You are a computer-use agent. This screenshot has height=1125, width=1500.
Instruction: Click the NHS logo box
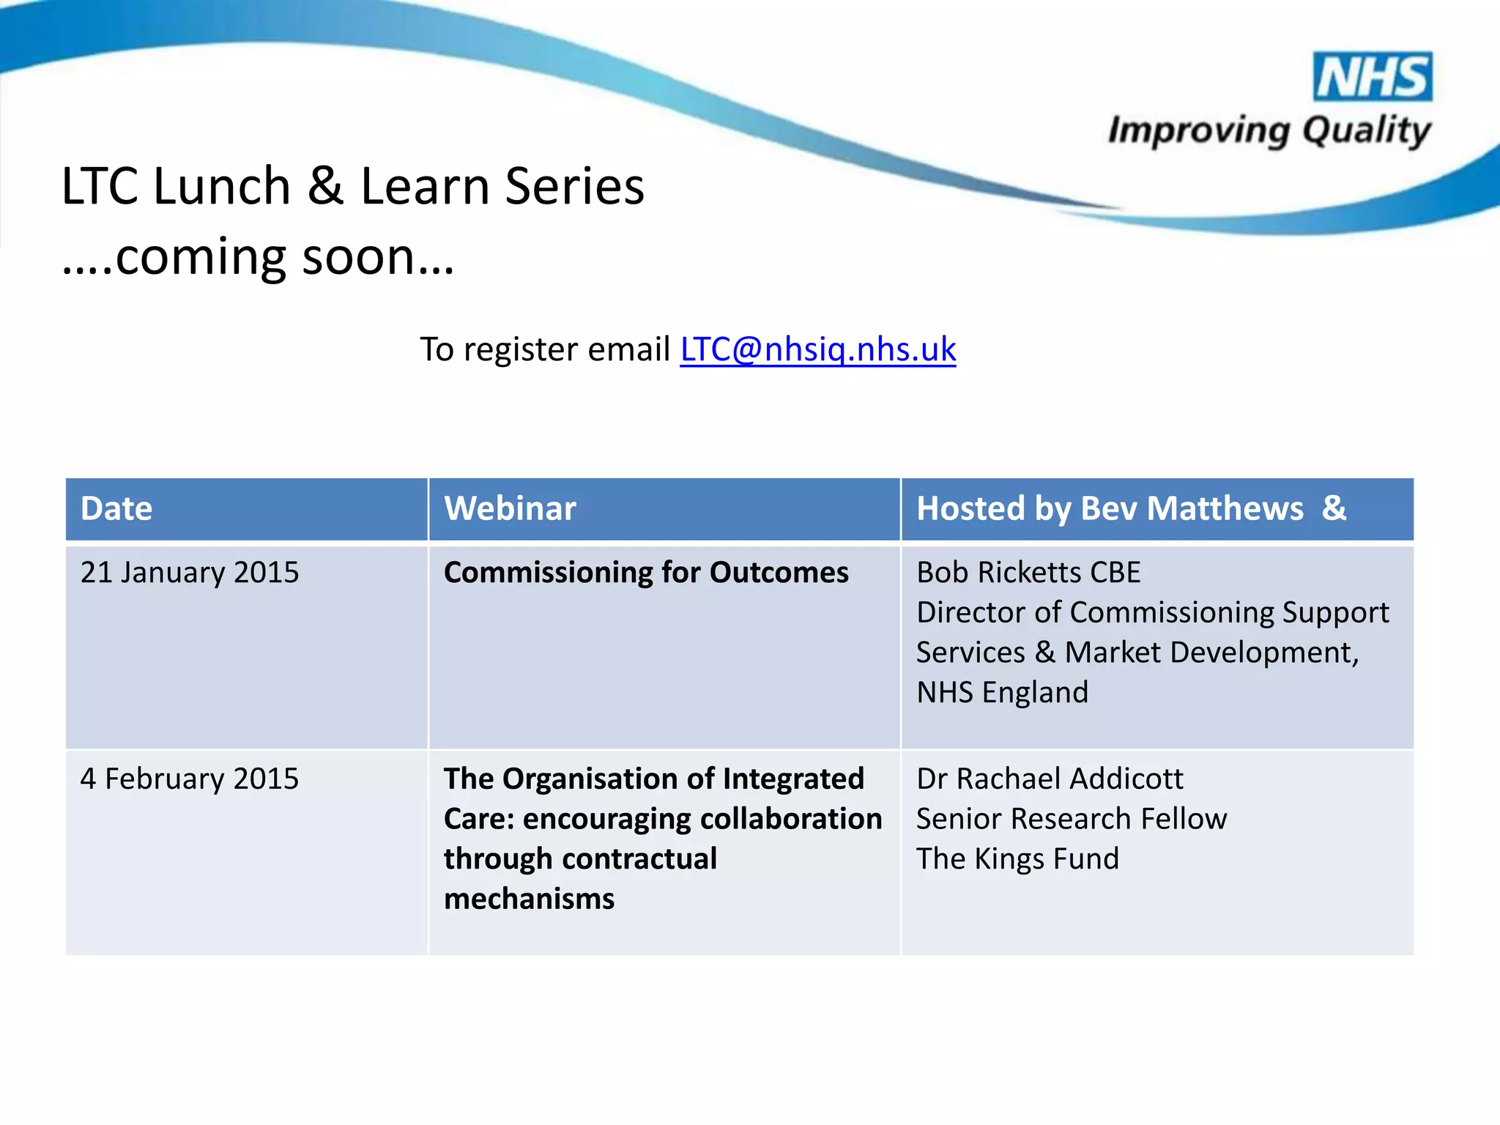pos(1373,77)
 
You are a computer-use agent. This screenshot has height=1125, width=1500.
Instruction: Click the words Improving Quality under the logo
pos(1269,131)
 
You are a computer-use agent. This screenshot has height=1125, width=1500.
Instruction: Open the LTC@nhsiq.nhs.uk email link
pos(817,349)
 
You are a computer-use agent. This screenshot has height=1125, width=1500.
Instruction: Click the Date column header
pos(116,509)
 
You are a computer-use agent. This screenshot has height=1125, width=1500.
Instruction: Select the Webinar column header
pos(510,509)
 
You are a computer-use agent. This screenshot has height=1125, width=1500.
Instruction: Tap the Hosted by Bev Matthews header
pos(1131,509)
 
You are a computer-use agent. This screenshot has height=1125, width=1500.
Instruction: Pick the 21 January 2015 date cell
pos(190,573)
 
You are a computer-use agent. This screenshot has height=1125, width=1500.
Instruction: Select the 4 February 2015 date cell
pos(190,779)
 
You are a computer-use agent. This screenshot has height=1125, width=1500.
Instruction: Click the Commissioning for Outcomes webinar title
pos(645,573)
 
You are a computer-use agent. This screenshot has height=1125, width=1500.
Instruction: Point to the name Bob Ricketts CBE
pos(1028,573)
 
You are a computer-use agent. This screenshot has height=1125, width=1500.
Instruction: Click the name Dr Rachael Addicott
pos(1049,779)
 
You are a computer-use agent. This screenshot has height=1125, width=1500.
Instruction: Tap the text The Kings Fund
pos(1017,859)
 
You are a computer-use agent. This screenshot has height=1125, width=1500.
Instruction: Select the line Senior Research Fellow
pos(1071,819)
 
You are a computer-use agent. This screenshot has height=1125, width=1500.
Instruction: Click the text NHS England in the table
pos(1002,693)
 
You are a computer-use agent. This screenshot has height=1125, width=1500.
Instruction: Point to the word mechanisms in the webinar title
pos(529,899)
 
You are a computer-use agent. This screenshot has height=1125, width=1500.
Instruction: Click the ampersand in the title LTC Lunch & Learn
pos(325,187)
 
